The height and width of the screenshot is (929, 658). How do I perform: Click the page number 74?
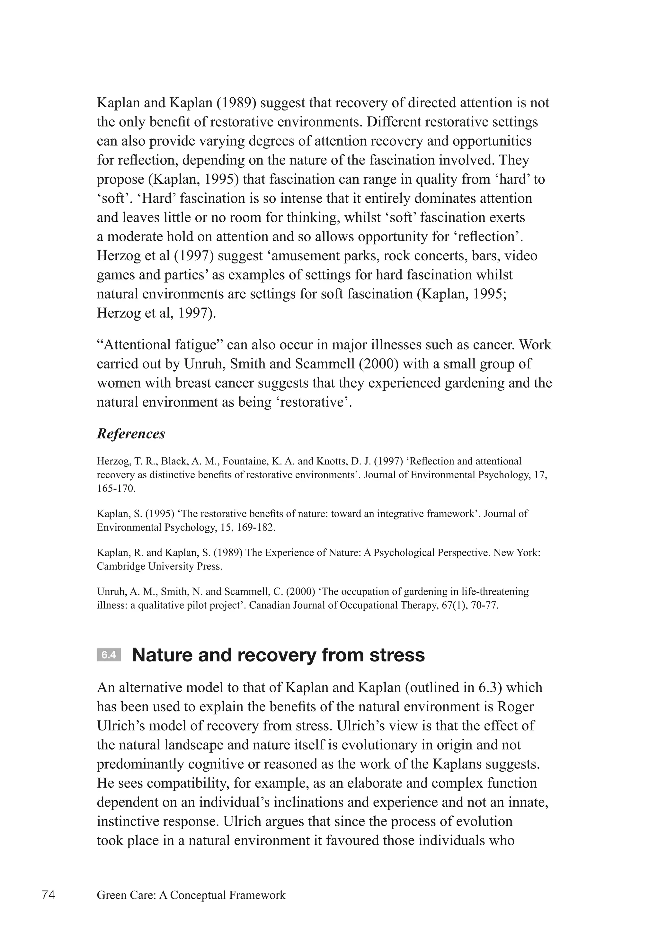[x=48, y=895]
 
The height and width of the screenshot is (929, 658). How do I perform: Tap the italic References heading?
[x=131, y=434]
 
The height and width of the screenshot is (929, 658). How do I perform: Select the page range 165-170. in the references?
[x=116, y=489]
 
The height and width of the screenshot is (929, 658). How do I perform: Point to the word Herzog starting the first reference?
[x=111, y=461]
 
